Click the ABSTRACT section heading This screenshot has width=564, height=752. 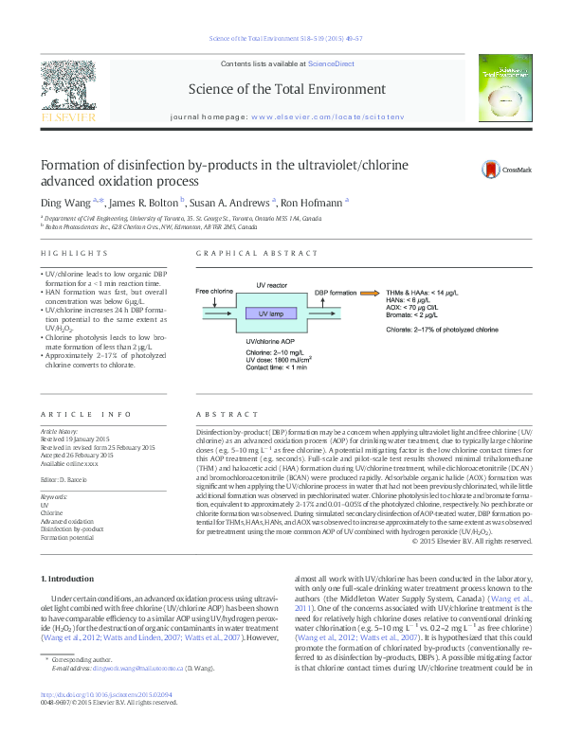coord(216,415)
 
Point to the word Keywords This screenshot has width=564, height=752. coord(55,496)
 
